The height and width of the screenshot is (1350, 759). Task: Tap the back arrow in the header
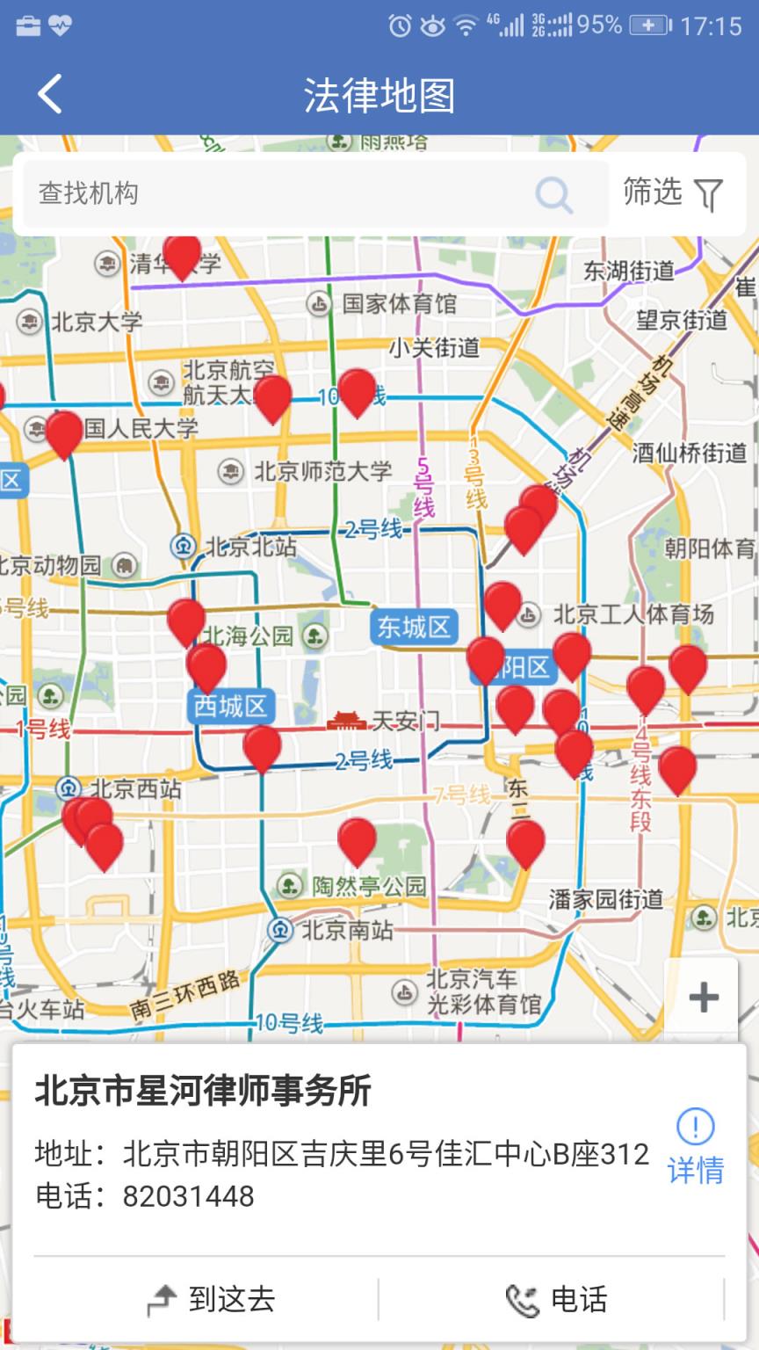tap(50, 94)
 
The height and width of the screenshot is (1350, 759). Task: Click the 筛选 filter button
tap(673, 192)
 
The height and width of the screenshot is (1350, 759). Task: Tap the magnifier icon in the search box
tap(553, 194)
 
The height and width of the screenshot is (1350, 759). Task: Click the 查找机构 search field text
tap(89, 193)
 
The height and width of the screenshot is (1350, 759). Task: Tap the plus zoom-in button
tap(703, 997)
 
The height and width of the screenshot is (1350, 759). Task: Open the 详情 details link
tap(696, 1146)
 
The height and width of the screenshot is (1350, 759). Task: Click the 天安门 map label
tap(404, 722)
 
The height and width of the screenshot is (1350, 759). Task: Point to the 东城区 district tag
tap(413, 628)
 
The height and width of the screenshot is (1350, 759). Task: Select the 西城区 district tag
tap(230, 706)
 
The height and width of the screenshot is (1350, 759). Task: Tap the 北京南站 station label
tap(346, 929)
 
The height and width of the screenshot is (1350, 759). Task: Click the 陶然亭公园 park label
tap(368, 886)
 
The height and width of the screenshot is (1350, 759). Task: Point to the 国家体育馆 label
tap(399, 304)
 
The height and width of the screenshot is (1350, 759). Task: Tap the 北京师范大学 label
tap(322, 471)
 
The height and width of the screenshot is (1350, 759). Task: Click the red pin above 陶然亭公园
tap(357, 838)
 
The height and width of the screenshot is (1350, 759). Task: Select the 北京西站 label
tap(135, 788)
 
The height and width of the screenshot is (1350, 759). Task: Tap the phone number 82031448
tap(188, 1196)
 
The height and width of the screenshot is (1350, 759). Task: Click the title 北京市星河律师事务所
tap(203, 1091)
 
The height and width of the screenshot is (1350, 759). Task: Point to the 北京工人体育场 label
tap(632, 614)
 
